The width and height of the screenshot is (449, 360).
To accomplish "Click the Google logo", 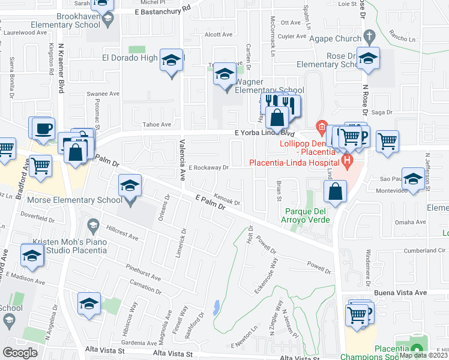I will coord(20,352).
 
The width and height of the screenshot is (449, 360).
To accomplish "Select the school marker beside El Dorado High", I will coord(171,60).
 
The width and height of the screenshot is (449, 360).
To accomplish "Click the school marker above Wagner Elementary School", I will coord(225,74).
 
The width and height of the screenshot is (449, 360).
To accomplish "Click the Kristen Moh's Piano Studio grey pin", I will coord(92,226).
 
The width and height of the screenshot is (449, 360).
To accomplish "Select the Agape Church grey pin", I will coord(370,35).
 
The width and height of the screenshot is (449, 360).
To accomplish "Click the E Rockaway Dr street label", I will coord(209,168).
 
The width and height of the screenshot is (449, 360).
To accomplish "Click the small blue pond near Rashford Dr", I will coord(215,307).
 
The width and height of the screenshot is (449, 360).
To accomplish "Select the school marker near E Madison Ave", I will coord(32,255).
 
